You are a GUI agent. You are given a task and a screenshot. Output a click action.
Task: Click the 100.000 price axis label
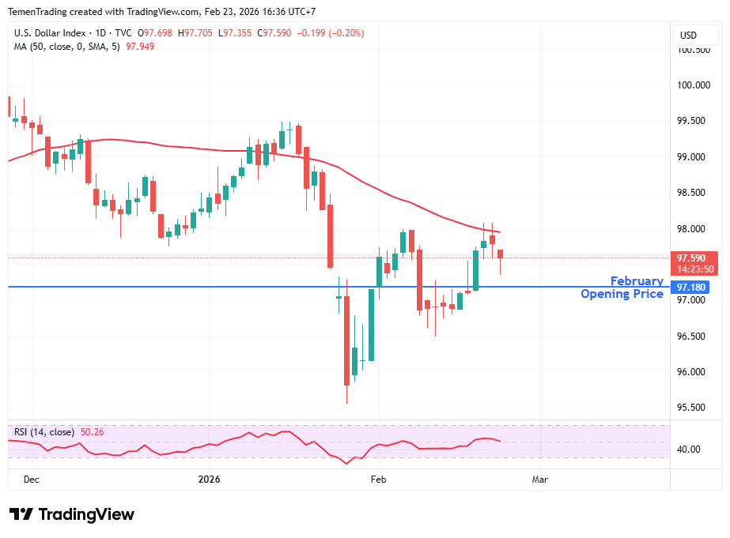coord(694,85)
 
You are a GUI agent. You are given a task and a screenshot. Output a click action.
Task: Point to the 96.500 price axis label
coord(694,337)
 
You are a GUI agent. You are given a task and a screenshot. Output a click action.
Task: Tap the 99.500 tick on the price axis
coord(694,121)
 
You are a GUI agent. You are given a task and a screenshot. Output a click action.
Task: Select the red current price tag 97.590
coord(694,258)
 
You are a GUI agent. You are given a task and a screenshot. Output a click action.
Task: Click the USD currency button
coord(688,35)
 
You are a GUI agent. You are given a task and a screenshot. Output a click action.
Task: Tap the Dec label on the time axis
coord(32,480)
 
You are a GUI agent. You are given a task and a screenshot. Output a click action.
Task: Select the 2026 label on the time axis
coord(209,480)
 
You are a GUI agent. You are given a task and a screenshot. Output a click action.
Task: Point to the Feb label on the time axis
coord(378,480)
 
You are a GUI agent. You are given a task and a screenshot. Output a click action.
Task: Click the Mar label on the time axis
coord(539,480)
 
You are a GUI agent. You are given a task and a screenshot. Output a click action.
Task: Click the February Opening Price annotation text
coord(622,288)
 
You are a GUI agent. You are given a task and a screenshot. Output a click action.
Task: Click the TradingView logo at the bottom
coord(72,514)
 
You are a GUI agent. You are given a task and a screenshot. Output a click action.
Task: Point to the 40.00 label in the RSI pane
coord(689,450)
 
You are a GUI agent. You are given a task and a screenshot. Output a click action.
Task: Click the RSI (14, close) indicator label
coord(44,432)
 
